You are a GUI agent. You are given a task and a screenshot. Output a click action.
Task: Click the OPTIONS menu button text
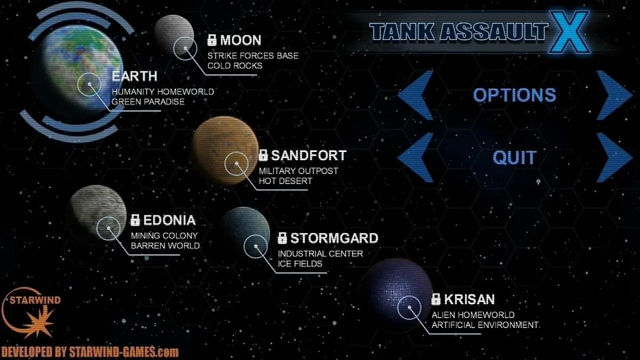click(x=515, y=95)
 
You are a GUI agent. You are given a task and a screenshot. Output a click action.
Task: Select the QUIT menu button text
click(x=515, y=157)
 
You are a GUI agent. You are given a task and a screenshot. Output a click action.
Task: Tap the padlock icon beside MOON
click(x=212, y=40)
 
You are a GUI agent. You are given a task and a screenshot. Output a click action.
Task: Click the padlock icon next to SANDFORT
click(x=263, y=155)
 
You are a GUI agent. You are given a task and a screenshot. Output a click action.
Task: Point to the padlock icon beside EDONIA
click(x=135, y=220)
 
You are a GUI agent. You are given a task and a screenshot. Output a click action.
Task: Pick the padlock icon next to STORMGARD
click(x=282, y=238)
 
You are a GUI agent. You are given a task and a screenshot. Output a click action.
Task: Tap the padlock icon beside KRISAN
click(x=436, y=299)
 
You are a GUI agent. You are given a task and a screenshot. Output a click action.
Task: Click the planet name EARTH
click(x=134, y=76)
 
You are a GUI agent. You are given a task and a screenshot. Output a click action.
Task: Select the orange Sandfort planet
click(x=226, y=150)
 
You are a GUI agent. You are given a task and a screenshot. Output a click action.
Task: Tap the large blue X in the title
click(x=569, y=31)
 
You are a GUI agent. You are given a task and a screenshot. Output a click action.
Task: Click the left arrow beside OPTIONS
click(x=415, y=95)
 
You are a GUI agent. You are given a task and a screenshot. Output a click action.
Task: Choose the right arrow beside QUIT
click(x=614, y=157)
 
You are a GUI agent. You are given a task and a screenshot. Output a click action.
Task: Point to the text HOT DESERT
click(x=285, y=181)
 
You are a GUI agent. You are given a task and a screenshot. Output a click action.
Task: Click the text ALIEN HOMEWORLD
click(x=473, y=315)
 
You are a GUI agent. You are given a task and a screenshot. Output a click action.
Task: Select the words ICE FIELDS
click(x=300, y=263)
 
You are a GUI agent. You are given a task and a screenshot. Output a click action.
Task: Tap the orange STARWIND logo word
click(x=35, y=300)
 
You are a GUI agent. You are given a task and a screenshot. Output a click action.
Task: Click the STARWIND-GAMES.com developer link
click(x=124, y=351)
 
